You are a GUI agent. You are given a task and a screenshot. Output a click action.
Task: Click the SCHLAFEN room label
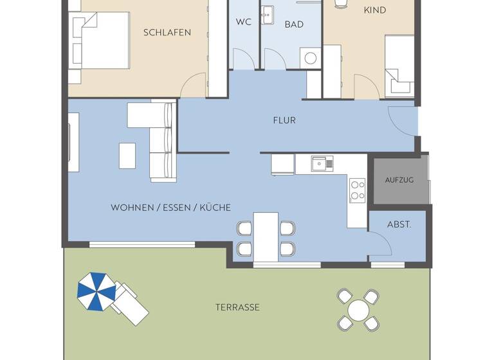167,32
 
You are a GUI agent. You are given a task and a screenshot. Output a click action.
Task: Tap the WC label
243,22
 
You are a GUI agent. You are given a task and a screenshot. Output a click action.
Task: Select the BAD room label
293,24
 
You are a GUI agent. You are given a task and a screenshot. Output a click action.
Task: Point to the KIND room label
375,10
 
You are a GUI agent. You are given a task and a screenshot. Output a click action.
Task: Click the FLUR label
284,120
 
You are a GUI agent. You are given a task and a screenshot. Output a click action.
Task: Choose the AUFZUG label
399,179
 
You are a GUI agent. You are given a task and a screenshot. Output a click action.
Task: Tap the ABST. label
398,225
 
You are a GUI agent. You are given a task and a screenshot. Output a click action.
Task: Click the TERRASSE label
237,307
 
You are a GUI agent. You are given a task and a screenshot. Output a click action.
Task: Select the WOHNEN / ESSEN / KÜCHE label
170,208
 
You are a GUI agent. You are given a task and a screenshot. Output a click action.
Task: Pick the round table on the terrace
358,310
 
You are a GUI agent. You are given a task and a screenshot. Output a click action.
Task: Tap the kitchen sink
322,164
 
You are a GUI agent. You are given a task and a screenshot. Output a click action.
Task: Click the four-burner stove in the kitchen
357,190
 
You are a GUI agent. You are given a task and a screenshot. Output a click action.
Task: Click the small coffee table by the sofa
127,155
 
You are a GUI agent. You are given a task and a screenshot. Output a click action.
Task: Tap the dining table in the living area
266,236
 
